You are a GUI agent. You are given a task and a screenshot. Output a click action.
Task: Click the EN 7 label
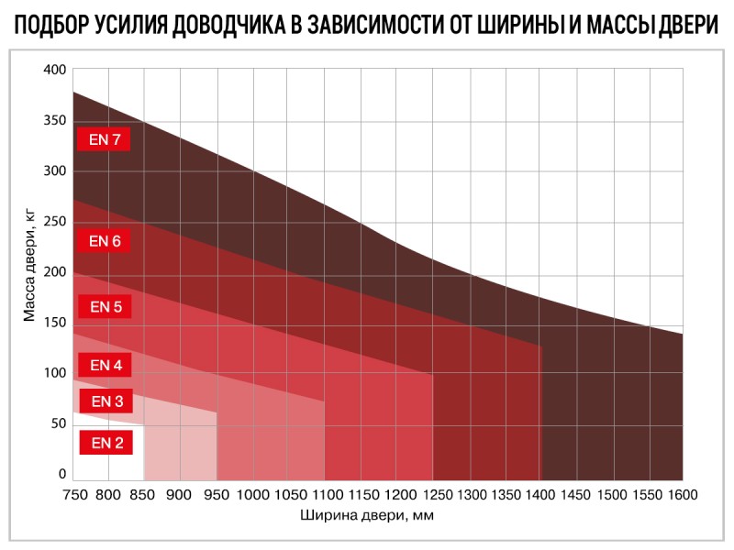[x=105, y=140]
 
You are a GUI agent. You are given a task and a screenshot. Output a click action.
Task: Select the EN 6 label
[x=105, y=241]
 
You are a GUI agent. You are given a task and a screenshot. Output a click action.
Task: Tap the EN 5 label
[x=105, y=307]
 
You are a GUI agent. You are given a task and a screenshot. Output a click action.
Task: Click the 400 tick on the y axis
[x=55, y=70]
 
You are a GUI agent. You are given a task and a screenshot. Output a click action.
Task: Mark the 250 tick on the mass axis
[x=55, y=222]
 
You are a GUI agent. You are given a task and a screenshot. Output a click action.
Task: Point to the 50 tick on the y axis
[x=59, y=423]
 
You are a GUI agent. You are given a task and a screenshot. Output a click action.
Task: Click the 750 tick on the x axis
[x=73, y=495]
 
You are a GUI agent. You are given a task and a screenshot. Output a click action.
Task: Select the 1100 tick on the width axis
[x=324, y=495]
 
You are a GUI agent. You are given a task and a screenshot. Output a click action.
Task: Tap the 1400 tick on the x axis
[x=539, y=495]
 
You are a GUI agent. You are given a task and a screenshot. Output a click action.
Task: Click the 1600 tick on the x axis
[x=682, y=495]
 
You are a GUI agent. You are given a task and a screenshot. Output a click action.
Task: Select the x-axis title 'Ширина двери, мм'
[x=366, y=515]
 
